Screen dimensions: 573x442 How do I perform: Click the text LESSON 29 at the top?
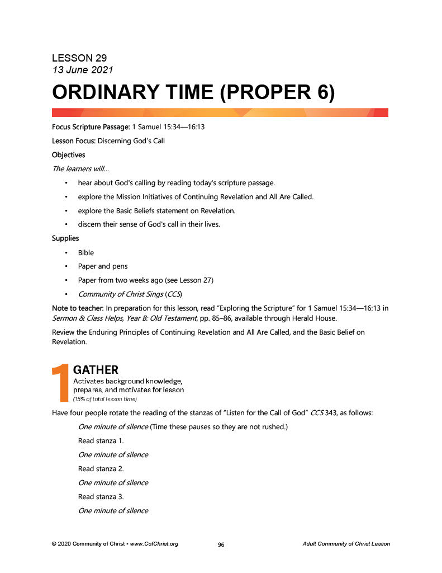tap(79, 58)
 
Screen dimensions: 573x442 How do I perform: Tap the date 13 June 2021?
tap(83, 70)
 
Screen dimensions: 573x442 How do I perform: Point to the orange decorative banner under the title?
tap(220, 112)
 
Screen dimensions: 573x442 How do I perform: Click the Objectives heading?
tap(69, 154)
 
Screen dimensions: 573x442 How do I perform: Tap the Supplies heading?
tap(65, 238)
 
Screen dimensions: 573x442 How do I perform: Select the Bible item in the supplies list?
tap(86, 252)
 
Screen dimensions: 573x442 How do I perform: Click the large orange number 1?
tap(59, 383)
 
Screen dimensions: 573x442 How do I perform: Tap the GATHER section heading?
tap(96, 370)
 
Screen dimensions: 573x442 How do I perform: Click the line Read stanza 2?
tap(101, 468)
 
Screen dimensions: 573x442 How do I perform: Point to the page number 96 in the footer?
tap(221, 544)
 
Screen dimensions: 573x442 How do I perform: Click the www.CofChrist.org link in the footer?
tap(154, 544)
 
